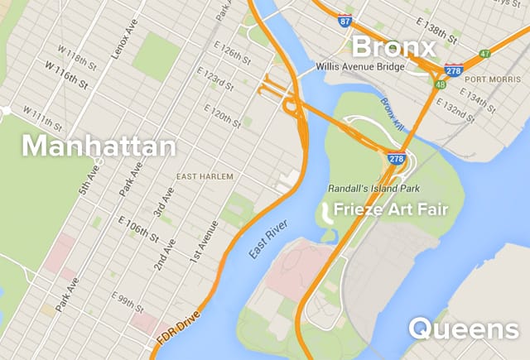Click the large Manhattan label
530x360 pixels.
tap(99, 147)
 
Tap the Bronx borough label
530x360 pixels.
tap(393, 46)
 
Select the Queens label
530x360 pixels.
tap(463, 329)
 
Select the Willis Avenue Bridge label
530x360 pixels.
tap(359, 66)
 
